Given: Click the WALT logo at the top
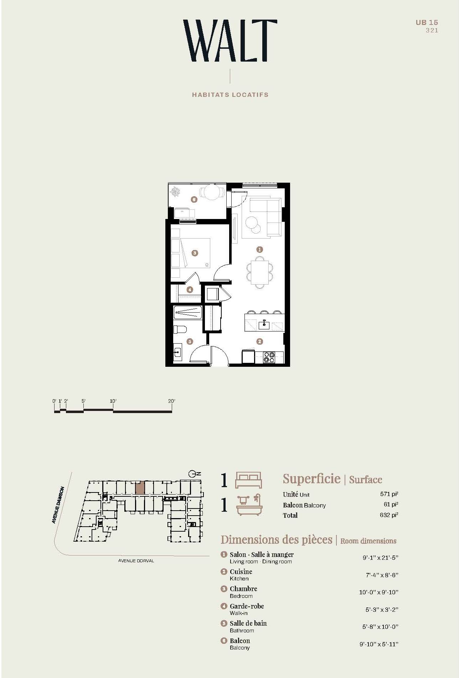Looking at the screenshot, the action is coord(230,41).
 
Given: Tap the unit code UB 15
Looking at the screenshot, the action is coord(427,22).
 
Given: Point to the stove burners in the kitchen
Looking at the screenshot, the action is coord(269,357).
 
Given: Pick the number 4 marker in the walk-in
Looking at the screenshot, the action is coord(190,290).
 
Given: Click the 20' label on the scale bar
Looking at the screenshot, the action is coord(172,401).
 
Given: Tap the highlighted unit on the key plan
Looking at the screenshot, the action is coord(140,487).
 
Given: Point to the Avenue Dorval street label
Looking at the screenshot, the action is coord(136,560).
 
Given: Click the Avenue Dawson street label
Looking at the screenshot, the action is coord(58,505).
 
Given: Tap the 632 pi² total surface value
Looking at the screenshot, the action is coord(389,515).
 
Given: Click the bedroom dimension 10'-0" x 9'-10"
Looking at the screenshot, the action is coord(378,592).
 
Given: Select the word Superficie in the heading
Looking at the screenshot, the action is coord(312,479).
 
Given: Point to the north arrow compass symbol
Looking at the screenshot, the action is coord(193,474).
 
